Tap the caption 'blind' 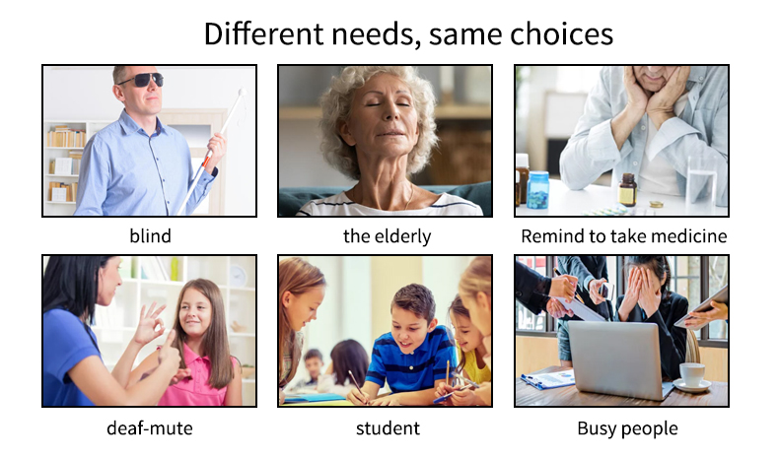[150, 235]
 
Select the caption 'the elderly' [387, 235]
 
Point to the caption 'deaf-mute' [150, 427]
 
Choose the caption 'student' [388, 427]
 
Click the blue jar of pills [537, 189]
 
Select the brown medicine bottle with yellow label [627, 189]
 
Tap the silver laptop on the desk [620, 359]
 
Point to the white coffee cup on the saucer [691, 374]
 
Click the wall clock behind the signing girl [238, 276]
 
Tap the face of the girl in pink [195, 311]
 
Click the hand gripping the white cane [216, 146]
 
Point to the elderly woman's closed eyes [388, 104]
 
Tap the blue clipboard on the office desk [548, 379]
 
